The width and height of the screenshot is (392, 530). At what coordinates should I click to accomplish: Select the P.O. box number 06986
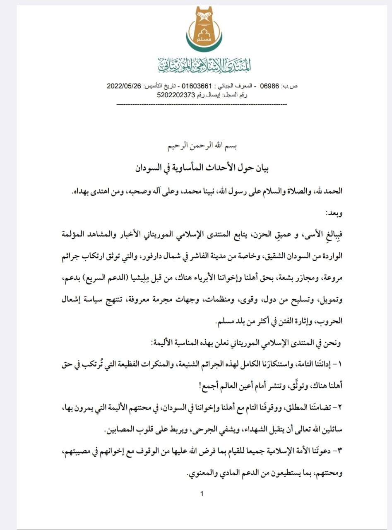pyautogui.click(x=268, y=86)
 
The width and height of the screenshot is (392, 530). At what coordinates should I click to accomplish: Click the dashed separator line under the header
pyautogui.click(x=202, y=104)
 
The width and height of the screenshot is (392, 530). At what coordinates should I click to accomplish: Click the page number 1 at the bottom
pyautogui.click(x=201, y=493)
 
